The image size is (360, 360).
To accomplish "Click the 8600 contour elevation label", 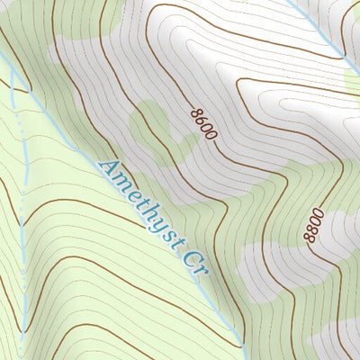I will click(x=204, y=123).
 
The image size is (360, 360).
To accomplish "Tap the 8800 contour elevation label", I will click(x=311, y=226).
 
